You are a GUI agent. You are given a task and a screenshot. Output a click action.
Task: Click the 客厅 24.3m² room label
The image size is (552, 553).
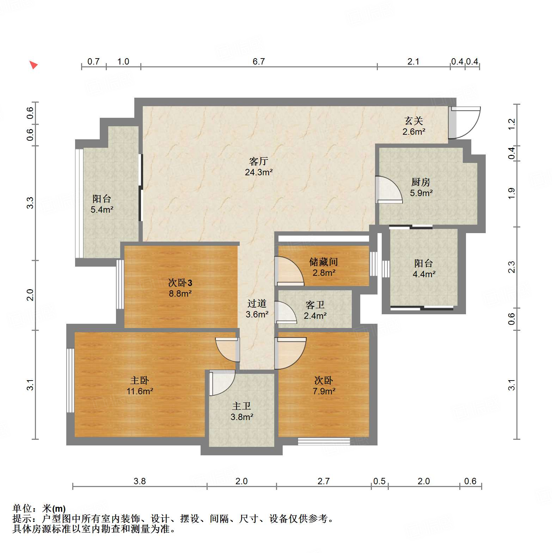click(259, 167)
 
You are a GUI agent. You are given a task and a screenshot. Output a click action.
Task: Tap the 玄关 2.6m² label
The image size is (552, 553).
click(413, 126)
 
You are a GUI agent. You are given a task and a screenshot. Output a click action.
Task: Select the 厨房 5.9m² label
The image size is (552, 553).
click(421, 188)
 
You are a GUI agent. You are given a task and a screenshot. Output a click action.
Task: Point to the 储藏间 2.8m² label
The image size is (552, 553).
click(324, 267)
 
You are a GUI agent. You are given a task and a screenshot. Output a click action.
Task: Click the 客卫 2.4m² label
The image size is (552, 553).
click(315, 310)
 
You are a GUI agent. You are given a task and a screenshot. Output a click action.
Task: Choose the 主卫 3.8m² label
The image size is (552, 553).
click(242, 412)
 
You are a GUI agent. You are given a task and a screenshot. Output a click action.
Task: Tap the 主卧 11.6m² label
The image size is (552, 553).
click(140, 385)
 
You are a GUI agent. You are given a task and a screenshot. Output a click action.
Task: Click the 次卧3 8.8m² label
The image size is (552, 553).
click(180, 288)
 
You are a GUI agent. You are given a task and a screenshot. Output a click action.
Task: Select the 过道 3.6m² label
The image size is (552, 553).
click(257, 309)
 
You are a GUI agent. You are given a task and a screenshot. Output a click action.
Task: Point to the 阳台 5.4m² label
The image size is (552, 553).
click(102, 204)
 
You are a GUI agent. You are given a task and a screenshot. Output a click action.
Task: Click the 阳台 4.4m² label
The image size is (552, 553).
click(424, 268)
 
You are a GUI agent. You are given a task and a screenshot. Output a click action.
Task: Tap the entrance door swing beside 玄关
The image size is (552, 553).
click(465, 123)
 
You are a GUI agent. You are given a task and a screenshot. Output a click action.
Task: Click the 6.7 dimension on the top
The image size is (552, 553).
click(258, 62)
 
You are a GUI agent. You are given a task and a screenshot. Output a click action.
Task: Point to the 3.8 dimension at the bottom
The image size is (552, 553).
click(140, 481)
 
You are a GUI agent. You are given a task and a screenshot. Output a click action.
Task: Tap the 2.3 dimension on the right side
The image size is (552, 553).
click(511, 267)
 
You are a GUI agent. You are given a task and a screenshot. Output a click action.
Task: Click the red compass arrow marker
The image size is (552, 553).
click(33, 65)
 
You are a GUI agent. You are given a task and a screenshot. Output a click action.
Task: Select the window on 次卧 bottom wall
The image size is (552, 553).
click(324, 441)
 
